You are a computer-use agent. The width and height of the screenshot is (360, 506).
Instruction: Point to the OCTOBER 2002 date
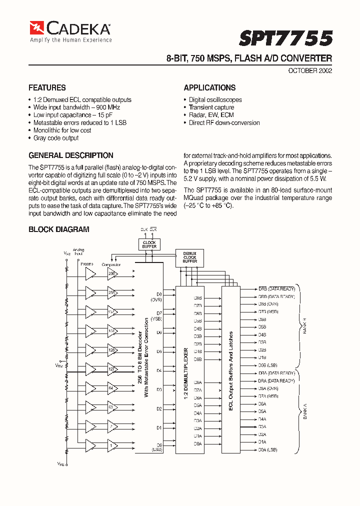click(310, 70)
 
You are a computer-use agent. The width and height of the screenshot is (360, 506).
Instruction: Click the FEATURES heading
click(47, 87)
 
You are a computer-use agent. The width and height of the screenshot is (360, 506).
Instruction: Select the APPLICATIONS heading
click(209, 87)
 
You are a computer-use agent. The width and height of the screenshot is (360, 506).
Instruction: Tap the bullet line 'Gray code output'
click(56, 138)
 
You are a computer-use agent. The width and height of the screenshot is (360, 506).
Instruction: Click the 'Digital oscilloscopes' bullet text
click(215, 100)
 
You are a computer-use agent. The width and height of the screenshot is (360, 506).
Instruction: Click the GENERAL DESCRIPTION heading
click(71, 155)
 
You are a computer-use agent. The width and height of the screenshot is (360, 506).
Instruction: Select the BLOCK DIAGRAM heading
click(59, 229)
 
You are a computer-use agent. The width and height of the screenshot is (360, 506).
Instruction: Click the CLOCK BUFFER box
click(149, 244)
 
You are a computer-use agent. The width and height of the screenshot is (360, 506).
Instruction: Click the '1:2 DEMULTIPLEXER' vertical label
click(186, 370)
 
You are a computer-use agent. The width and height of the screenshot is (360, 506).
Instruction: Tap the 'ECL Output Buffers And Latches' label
click(231, 370)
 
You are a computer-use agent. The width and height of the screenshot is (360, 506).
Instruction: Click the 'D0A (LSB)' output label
click(267, 450)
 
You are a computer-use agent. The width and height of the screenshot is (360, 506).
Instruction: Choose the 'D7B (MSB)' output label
click(268, 311)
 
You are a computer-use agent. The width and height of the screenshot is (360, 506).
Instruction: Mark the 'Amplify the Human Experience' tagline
click(70, 39)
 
